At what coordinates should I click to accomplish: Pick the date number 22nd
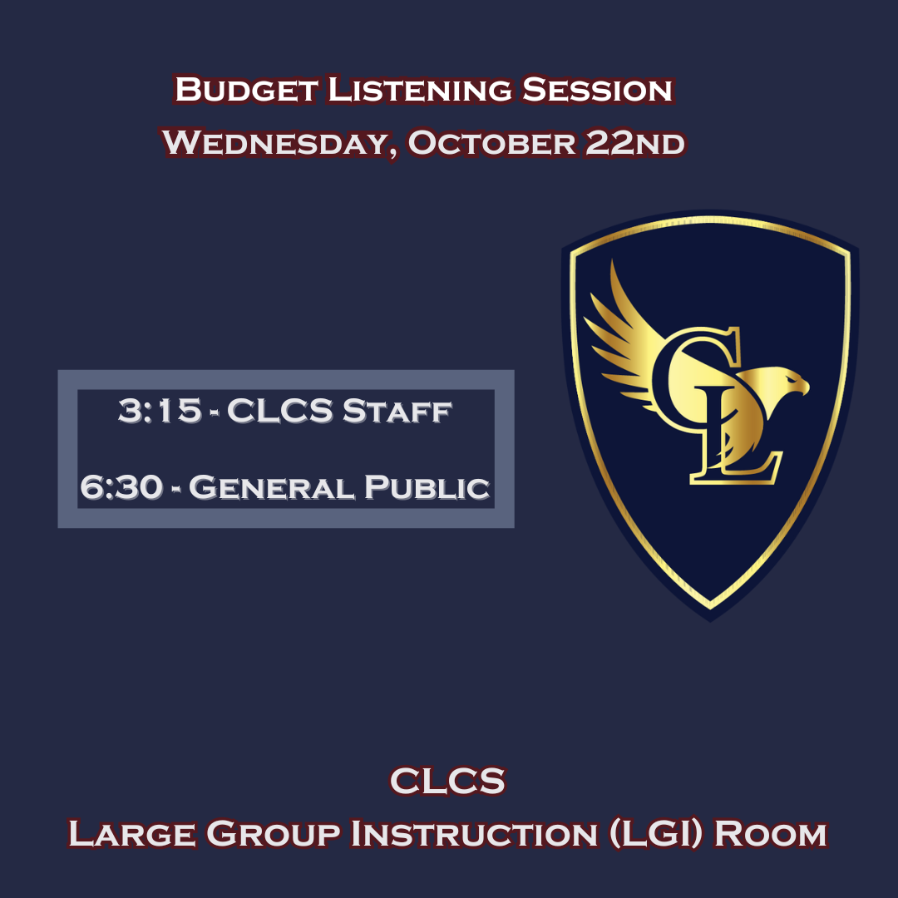coord(635,143)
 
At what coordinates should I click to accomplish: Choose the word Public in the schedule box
coord(427,487)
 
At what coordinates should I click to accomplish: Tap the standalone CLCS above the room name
coord(447,782)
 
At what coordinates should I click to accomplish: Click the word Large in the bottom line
coord(130,833)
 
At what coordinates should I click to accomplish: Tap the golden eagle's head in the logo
coord(786,383)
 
